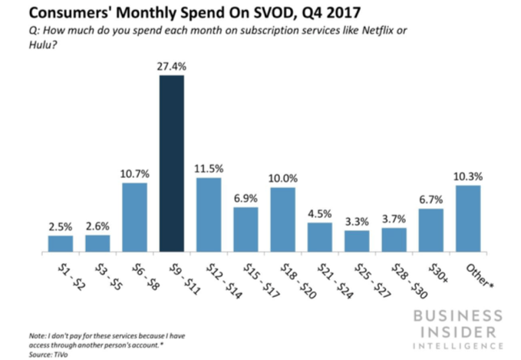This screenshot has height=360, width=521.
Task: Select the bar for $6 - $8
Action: (x=134, y=217)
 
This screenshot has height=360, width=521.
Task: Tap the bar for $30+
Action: (x=431, y=230)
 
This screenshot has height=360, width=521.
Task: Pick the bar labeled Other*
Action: (x=468, y=219)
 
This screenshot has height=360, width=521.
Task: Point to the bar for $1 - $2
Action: (x=61, y=243)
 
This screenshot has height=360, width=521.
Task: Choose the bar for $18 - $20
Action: (x=282, y=220)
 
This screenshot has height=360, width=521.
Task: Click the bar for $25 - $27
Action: (x=357, y=241)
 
